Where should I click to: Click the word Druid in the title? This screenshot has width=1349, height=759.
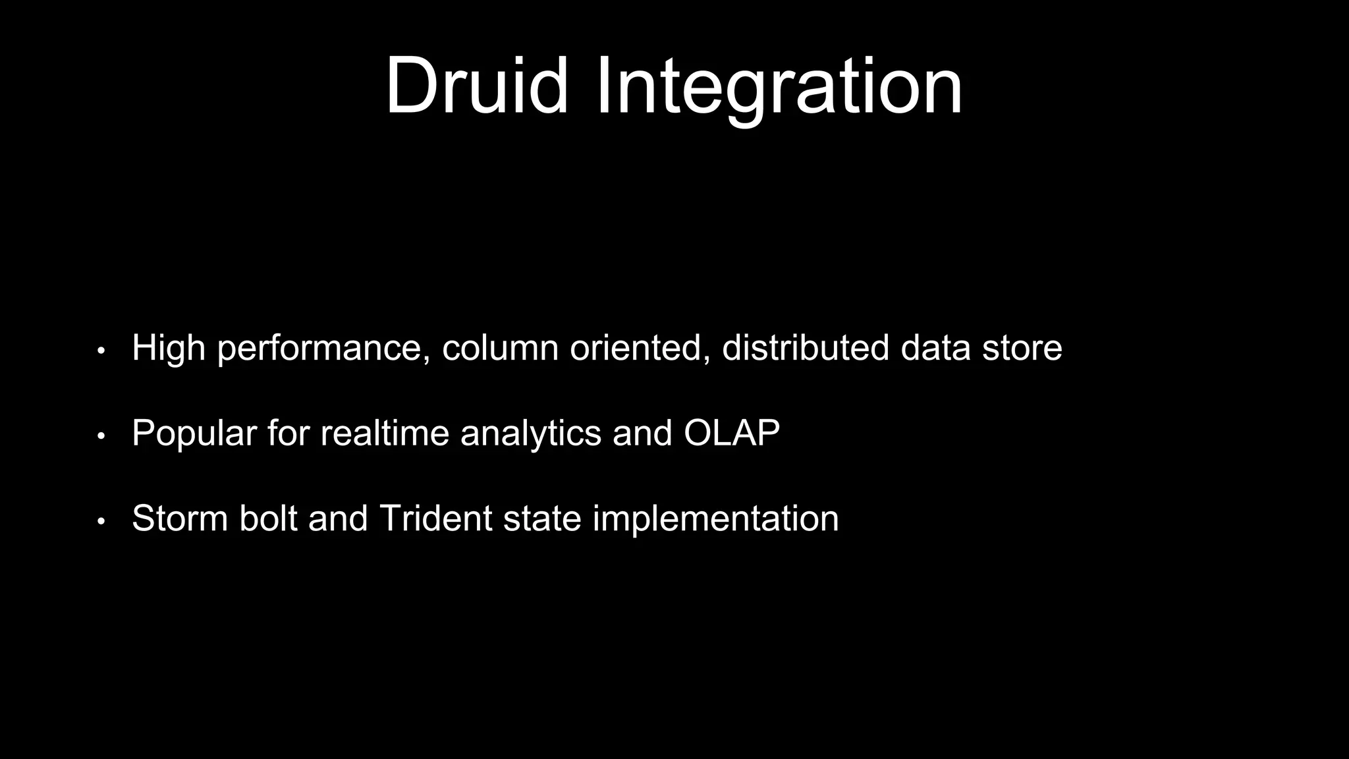click(476, 87)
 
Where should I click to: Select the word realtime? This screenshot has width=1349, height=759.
click(385, 433)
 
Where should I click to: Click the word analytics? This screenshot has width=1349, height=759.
click(531, 434)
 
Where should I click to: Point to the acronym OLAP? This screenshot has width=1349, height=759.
click(731, 433)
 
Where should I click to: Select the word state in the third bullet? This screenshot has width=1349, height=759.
click(542, 519)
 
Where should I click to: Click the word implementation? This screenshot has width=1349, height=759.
click(715, 519)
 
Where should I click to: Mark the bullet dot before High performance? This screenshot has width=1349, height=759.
click(101, 351)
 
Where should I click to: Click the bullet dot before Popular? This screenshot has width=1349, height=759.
click(101, 436)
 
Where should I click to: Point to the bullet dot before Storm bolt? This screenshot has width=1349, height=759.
click(101, 521)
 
